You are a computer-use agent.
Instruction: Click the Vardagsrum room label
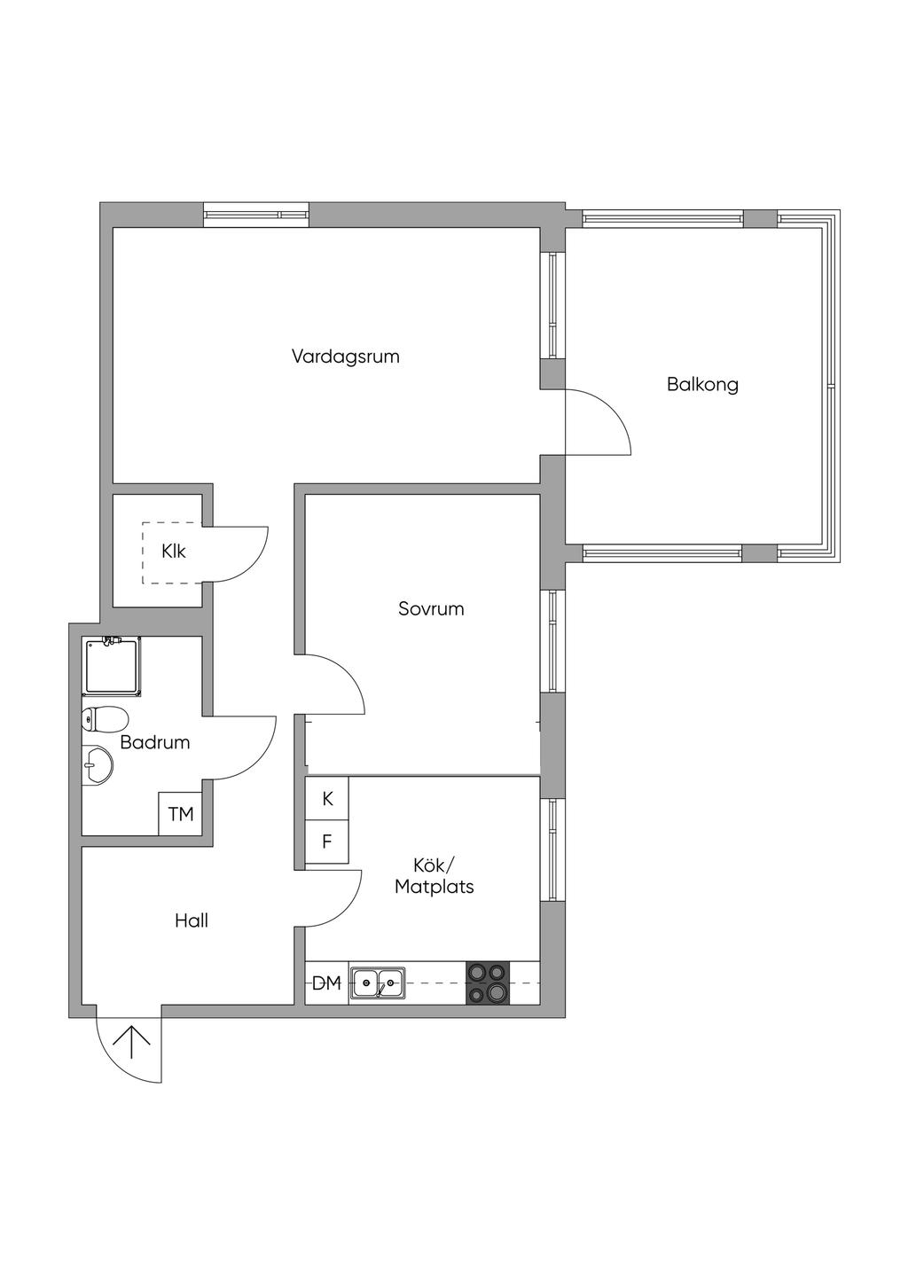click(x=345, y=356)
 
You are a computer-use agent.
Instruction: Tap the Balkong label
click(x=702, y=384)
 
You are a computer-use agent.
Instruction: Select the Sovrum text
click(x=431, y=609)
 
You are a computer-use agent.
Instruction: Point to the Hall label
click(x=192, y=921)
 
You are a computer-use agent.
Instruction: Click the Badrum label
click(x=155, y=742)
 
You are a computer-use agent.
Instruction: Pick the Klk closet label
click(x=173, y=552)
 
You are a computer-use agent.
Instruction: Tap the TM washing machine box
click(x=180, y=813)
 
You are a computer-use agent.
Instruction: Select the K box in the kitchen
click(x=326, y=798)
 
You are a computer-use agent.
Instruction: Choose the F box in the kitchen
click(x=326, y=842)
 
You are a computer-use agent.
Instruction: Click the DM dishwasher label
click(x=326, y=983)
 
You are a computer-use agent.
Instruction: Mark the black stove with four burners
click(x=488, y=983)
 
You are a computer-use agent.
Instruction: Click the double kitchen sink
click(x=378, y=983)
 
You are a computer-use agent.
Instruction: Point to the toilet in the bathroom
click(x=105, y=719)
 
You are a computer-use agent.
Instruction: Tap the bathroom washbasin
click(x=98, y=764)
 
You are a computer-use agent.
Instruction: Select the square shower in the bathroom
click(x=113, y=667)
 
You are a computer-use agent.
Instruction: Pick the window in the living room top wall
click(x=256, y=215)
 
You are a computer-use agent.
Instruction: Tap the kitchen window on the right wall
click(x=552, y=850)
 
